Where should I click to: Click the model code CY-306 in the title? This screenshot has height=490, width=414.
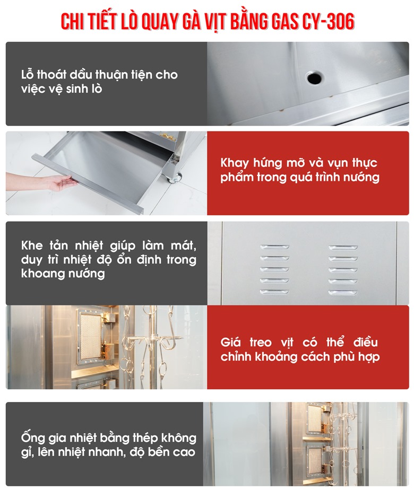tap(328, 22)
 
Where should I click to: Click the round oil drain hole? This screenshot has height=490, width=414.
tap(314, 77)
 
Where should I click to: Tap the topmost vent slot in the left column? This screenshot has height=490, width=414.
tap(274, 247)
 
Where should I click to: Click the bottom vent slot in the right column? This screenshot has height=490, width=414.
tap(343, 293)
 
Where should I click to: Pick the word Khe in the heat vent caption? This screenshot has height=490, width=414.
tap(32, 246)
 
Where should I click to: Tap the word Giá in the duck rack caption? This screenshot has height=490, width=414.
tap(230, 342)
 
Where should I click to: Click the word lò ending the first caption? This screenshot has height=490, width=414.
tap(96, 89)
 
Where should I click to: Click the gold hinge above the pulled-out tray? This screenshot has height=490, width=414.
tap(167, 136)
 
